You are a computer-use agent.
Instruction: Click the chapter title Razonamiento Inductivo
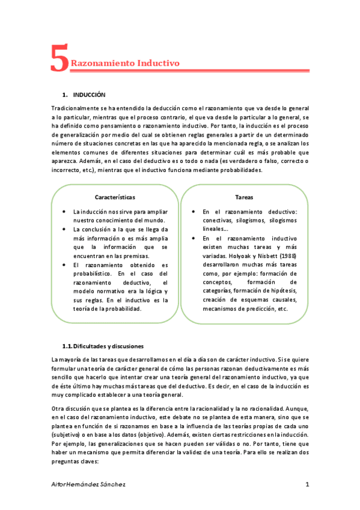point(125,63)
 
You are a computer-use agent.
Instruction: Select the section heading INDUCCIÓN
point(89,95)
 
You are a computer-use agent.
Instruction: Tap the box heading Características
point(115,197)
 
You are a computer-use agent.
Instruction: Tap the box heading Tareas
point(244,197)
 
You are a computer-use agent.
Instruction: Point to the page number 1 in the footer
point(307,484)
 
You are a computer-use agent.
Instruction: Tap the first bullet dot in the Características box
point(64,212)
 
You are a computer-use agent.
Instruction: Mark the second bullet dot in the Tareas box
point(193,238)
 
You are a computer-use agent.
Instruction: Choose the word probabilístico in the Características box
point(93,274)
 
